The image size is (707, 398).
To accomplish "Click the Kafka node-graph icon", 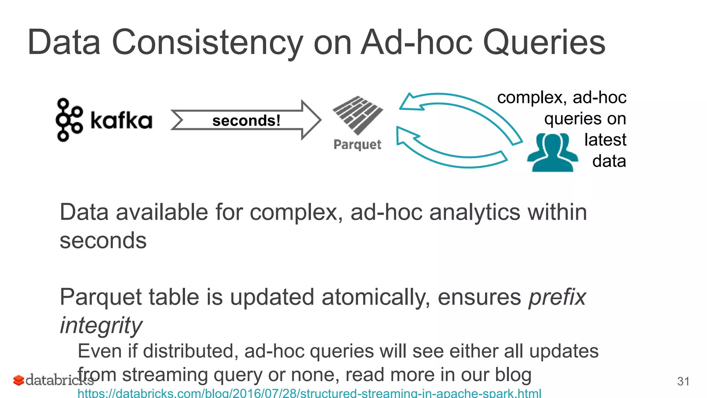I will click(x=69, y=120).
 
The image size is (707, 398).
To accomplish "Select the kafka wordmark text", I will click(x=121, y=121).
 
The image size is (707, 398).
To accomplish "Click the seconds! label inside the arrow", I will click(x=246, y=121).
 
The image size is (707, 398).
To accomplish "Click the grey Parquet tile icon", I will click(x=358, y=115).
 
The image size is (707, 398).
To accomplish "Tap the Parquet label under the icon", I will click(x=357, y=144).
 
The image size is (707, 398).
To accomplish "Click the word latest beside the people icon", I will click(x=605, y=140).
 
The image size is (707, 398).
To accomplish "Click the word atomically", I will click(x=376, y=297).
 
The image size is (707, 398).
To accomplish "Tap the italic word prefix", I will click(x=557, y=297).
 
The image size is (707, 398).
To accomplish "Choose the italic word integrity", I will click(x=101, y=325).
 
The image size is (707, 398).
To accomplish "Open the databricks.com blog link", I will click(x=309, y=393).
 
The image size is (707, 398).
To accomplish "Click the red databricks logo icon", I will click(x=18, y=380).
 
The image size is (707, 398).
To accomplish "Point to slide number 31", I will click(x=683, y=381).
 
